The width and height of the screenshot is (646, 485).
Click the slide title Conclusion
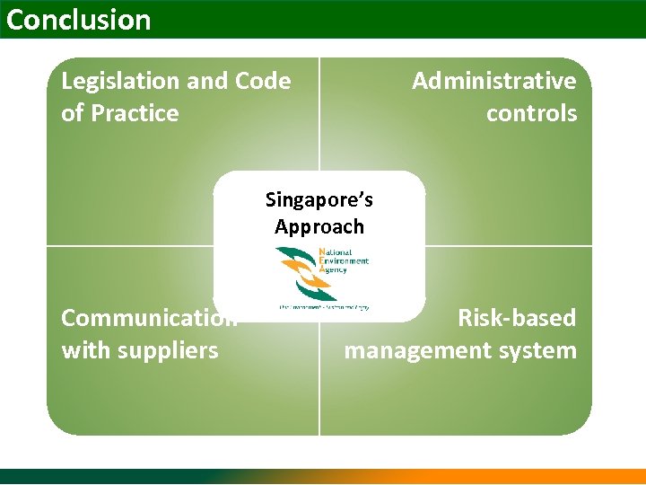(x=79, y=20)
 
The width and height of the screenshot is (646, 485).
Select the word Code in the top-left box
(x=263, y=82)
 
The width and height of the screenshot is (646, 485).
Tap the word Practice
(x=135, y=114)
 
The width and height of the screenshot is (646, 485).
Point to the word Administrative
(x=493, y=82)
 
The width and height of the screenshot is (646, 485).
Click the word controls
(x=531, y=114)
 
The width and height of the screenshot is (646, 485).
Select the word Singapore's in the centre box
(x=319, y=198)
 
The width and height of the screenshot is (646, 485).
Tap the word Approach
(x=319, y=226)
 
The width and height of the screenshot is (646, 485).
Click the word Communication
(x=149, y=318)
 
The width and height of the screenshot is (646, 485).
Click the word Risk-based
(x=517, y=318)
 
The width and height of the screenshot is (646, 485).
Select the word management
(x=414, y=350)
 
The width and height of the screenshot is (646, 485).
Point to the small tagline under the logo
(x=323, y=307)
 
